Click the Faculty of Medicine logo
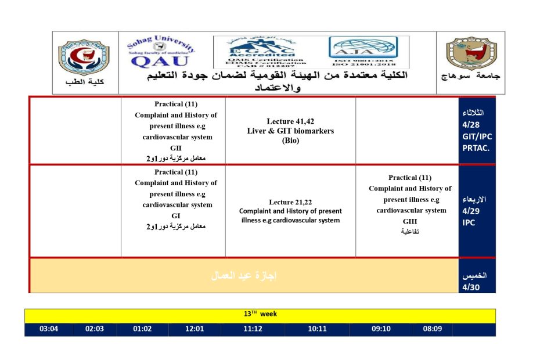pyautogui.click(x=83, y=57)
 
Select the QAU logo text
pyautogui.click(x=152, y=60)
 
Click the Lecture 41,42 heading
pyautogui.click(x=290, y=121)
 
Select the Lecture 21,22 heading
pyautogui.click(x=290, y=202)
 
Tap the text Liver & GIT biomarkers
pyautogui.click(x=290, y=131)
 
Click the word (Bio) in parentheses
pyautogui.click(x=290, y=141)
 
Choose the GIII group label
pyautogui.click(x=410, y=221)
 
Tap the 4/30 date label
pyautogui.click(x=471, y=287)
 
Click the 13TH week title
pyautogui.click(x=260, y=314)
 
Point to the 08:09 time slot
pyautogui.click(x=433, y=329)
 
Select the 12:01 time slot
pyautogui.click(x=195, y=329)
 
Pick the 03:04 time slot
pyautogui.click(x=49, y=329)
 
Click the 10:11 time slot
pyautogui.click(x=318, y=329)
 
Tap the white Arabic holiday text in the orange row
pyautogui.click(x=244, y=275)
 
